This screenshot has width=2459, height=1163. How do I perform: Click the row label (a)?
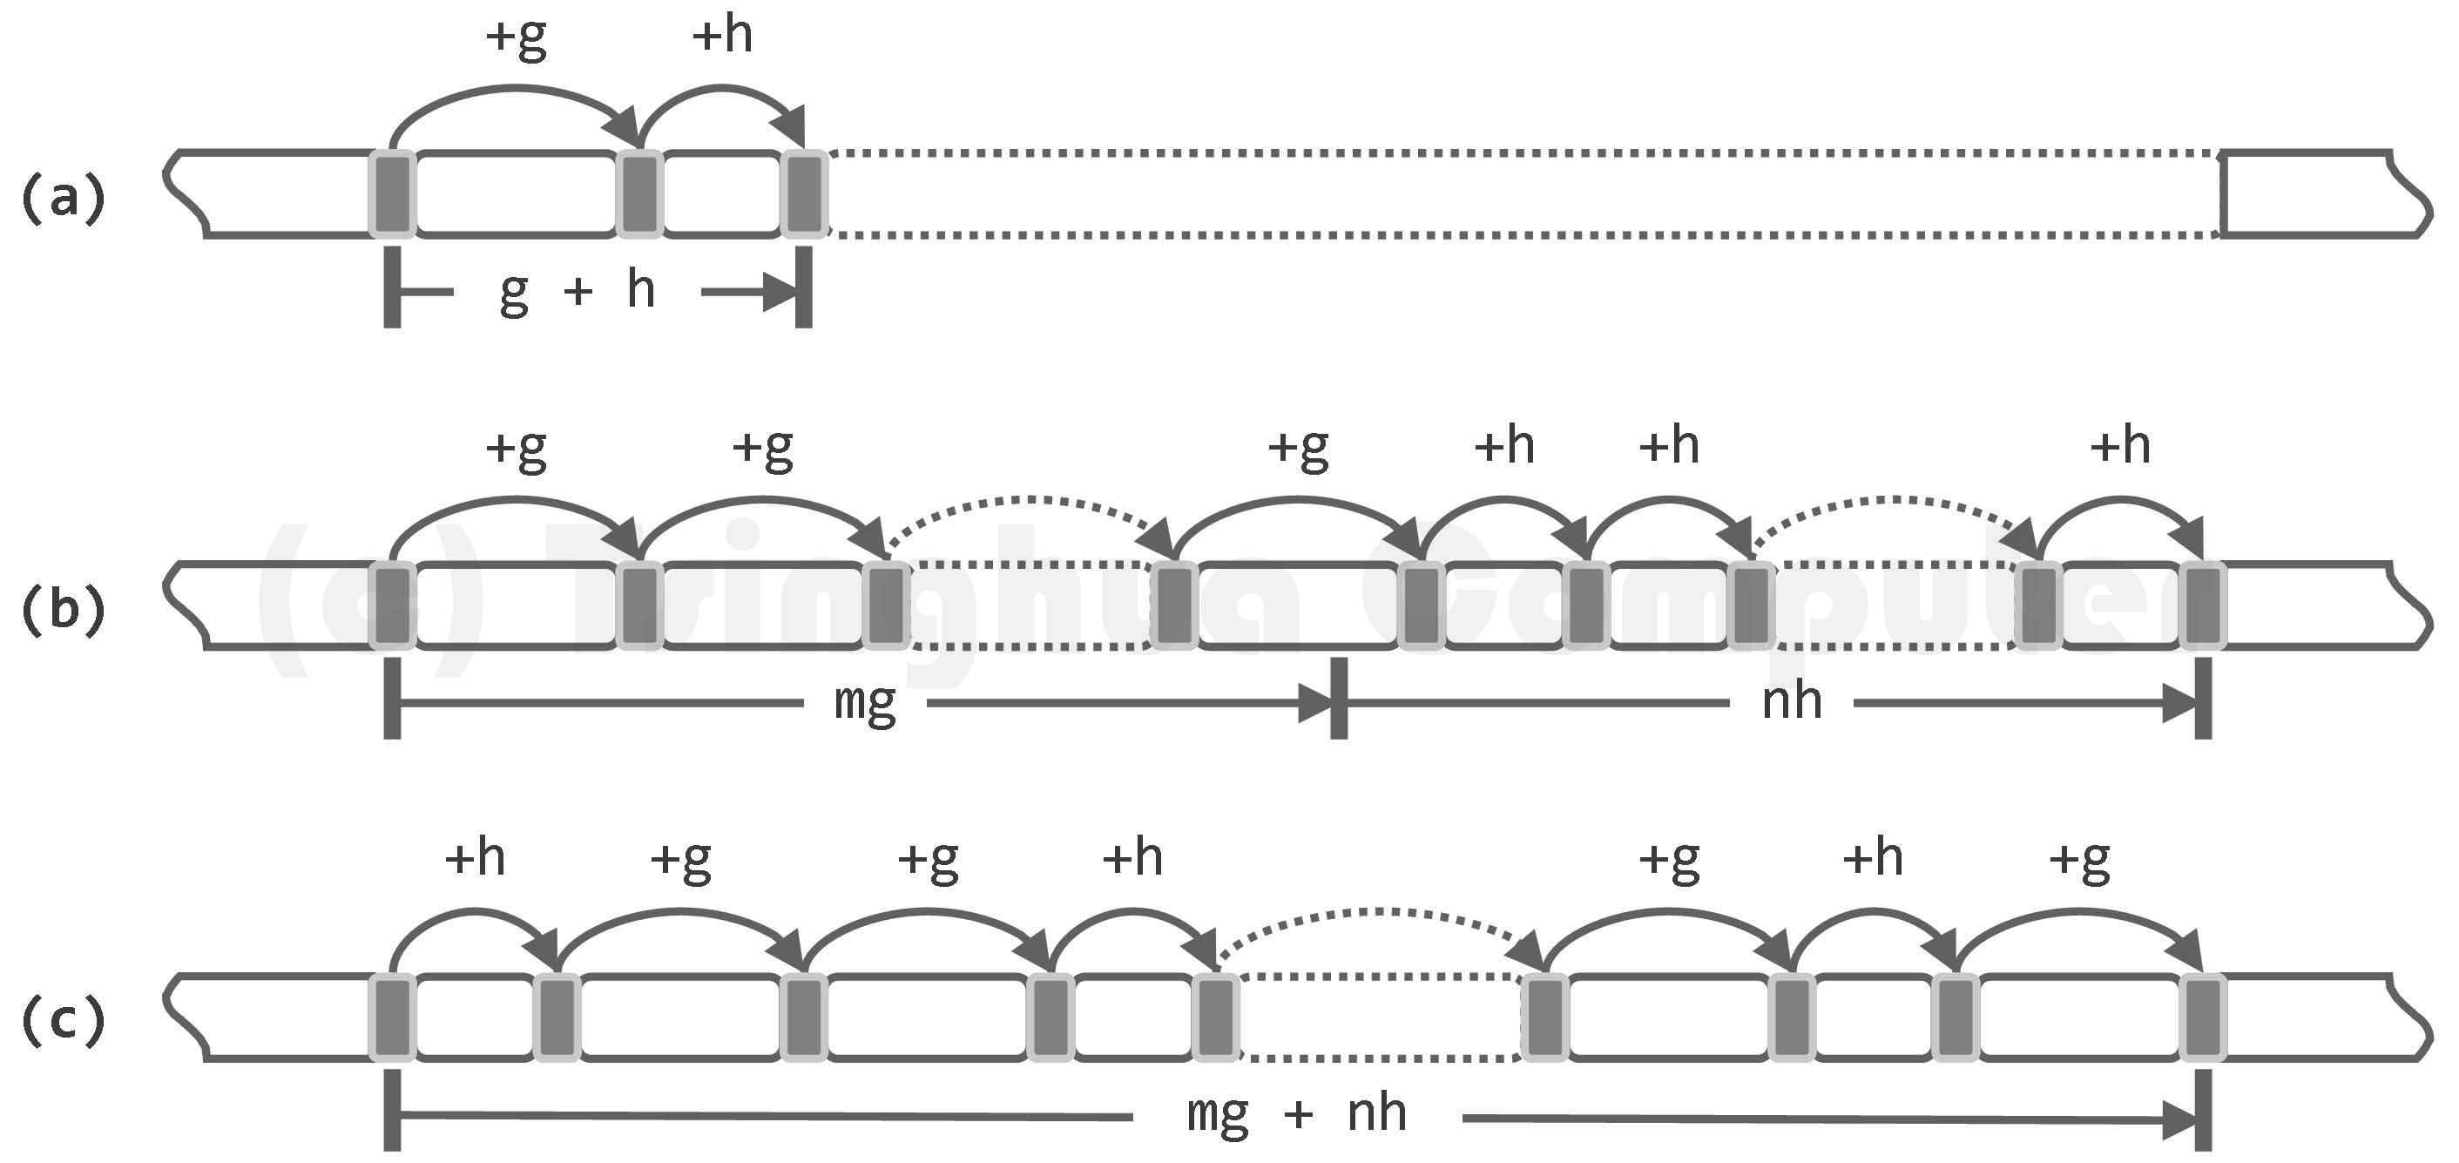coord(63,199)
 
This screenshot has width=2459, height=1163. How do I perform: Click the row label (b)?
coord(63,608)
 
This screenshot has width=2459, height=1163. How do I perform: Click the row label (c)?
coord(63,1020)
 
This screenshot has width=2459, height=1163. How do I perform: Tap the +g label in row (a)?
coord(517,38)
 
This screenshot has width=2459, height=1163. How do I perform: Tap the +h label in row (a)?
coord(723,37)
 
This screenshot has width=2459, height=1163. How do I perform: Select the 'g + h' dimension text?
coord(577,290)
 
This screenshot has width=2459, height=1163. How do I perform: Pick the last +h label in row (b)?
coord(2120,446)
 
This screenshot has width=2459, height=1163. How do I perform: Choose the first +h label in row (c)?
coord(475,857)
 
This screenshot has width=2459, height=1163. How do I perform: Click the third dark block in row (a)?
coord(804,195)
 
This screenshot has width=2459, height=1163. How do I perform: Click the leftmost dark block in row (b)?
coord(391,606)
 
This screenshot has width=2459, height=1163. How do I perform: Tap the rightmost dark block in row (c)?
coord(2202,1017)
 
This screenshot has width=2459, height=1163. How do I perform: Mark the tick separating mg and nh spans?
coord(1338,698)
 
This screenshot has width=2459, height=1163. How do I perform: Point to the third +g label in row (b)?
coord(1298,448)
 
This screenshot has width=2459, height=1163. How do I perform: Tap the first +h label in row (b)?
coord(1503,446)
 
